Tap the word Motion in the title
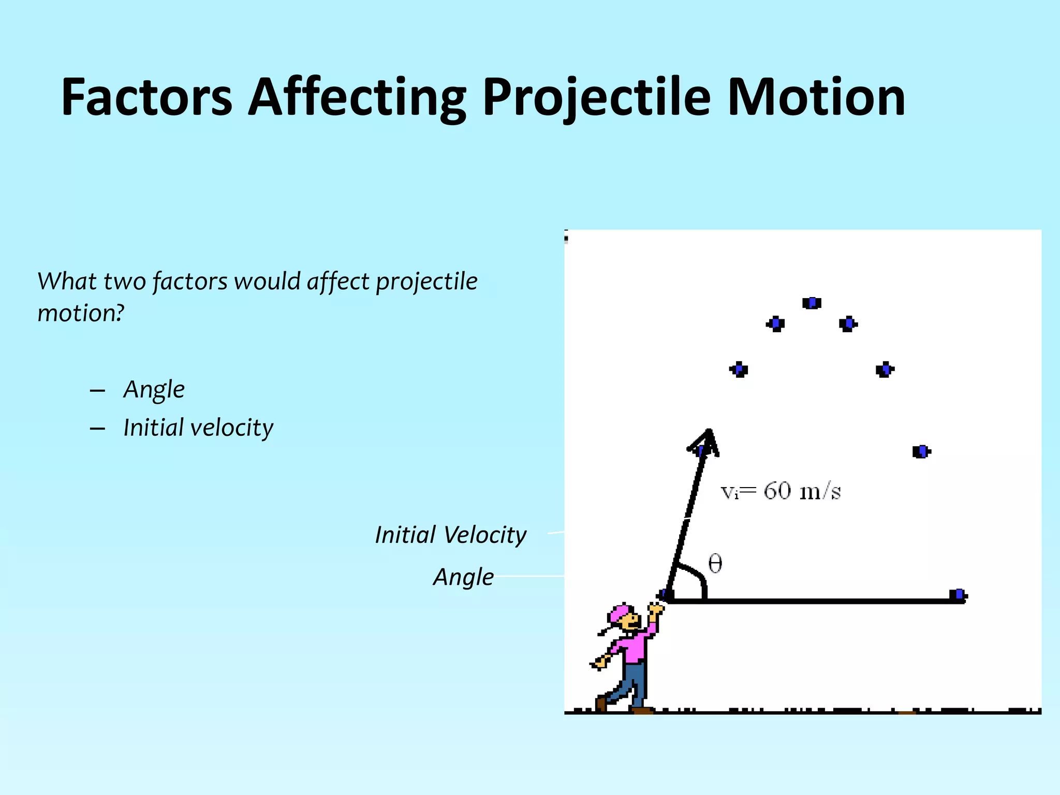(816, 97)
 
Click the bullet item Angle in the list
(154, 389)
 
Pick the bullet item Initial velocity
(198, 428)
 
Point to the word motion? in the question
(81, 313)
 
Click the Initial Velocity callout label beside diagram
(450, 535)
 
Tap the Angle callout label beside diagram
(463, 577)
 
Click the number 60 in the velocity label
(777, 491)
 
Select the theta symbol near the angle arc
(715, 563)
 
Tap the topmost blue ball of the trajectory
(812, 303)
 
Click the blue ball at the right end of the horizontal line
(959, 595)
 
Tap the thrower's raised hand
(655, 610)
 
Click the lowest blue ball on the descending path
(921, 451)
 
